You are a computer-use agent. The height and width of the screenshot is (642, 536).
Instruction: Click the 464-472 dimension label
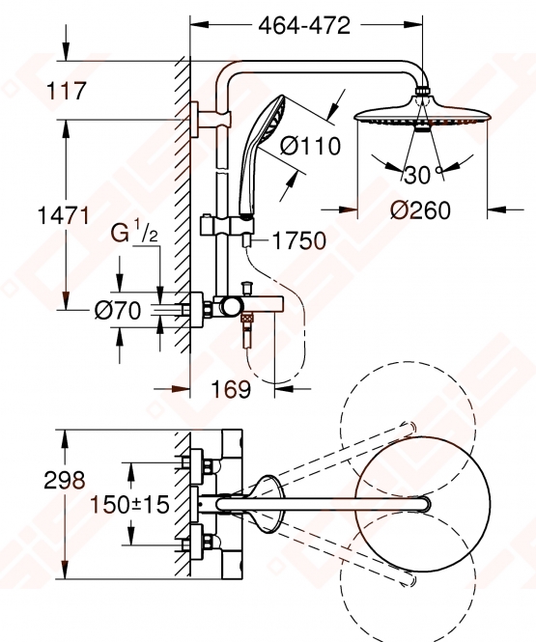(304, 26)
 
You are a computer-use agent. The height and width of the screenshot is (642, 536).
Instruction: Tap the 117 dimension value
(67, 91)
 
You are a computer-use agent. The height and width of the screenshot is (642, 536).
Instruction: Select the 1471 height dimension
(63, 215)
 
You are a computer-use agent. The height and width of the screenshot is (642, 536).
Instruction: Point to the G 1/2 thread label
(134, 232)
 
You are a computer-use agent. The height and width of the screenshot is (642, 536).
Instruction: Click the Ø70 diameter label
(118, 310)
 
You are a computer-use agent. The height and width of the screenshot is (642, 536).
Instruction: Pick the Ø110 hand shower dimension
(310, 146)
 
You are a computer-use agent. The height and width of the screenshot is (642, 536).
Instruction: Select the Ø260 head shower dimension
(420, 210)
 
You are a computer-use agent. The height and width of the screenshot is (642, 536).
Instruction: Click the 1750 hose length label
(299, 240)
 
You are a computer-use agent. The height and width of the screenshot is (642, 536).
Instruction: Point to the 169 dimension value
(231, 389)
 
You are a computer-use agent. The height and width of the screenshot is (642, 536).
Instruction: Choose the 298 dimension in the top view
(65, 480)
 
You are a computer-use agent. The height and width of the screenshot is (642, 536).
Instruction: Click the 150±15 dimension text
(129, 504)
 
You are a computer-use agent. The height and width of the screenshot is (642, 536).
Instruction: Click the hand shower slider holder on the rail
(227, 225)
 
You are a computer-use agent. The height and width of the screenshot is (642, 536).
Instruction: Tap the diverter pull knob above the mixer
(247, 288)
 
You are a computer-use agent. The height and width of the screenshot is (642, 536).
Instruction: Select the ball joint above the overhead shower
(422, 91)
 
